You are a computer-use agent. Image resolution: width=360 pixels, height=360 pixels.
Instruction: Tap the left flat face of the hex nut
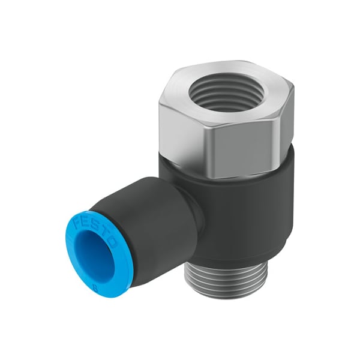180,129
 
